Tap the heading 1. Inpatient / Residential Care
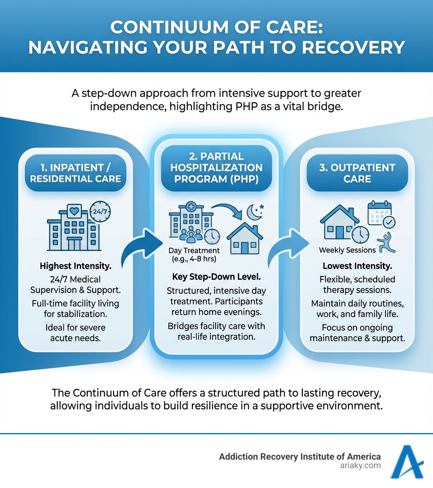click(75, 173)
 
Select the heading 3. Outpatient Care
click(357, 173)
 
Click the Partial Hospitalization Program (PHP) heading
click(216, 167)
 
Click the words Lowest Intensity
click(357, 266)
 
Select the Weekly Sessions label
click(347, 250)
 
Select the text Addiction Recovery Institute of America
click(300, 457)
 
